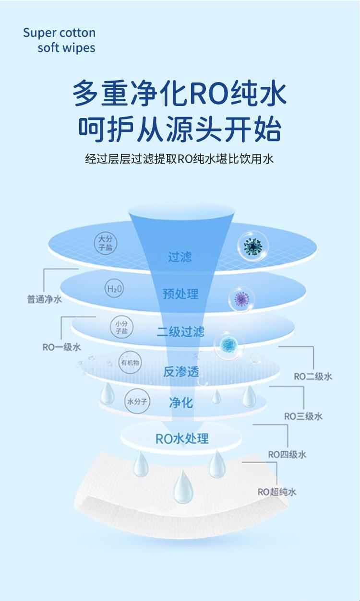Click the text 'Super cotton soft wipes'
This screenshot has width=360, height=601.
(59, 40)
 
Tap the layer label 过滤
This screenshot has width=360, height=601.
(180, 257)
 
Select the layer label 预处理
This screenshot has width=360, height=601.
(180, 294)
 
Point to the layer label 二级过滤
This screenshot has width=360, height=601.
(180, 332)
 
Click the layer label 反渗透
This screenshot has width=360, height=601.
(180, 371)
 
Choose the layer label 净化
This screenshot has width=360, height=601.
(181, 402)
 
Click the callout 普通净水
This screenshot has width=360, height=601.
(44, 299)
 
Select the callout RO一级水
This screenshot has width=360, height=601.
(61, 347)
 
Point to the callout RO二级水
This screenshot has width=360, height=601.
(313, 377)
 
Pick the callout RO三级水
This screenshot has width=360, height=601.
(303, 416)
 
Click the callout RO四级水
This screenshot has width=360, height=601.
(287, 454)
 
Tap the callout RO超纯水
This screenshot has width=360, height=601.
(277, 492)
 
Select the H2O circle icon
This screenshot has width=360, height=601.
(114, 289)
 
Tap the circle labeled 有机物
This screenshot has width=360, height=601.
(130, 363)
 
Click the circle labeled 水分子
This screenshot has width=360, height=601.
(137, 402)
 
